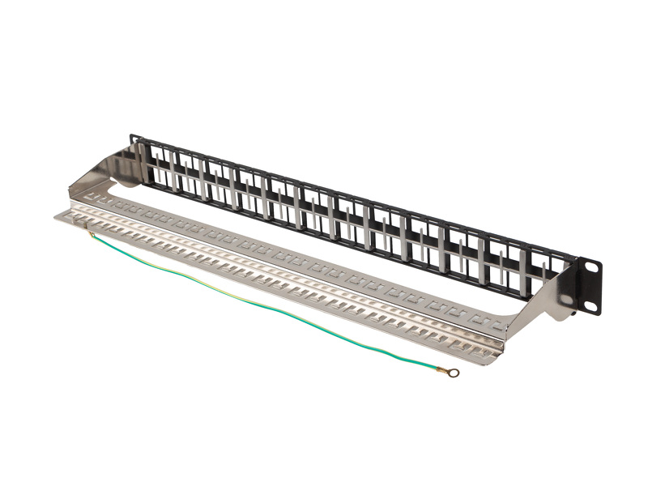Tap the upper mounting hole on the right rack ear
[x=590, y=267]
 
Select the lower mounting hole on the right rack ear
[x=590, y=305]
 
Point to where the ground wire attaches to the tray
[x=92, y=235]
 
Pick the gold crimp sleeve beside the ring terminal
[x=441, y=369]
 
